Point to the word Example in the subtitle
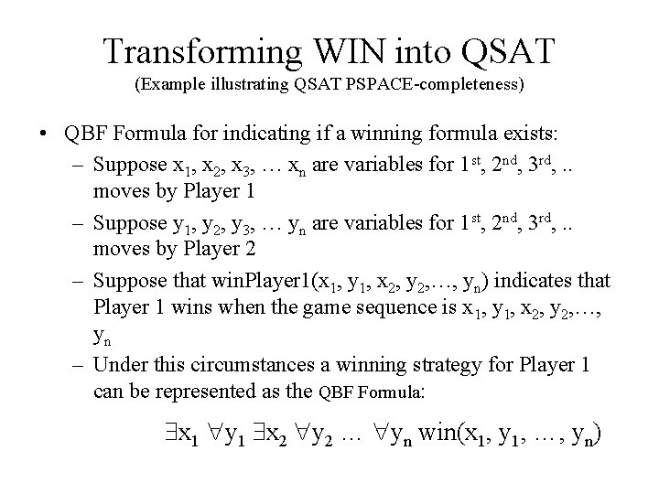point(171,86)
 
